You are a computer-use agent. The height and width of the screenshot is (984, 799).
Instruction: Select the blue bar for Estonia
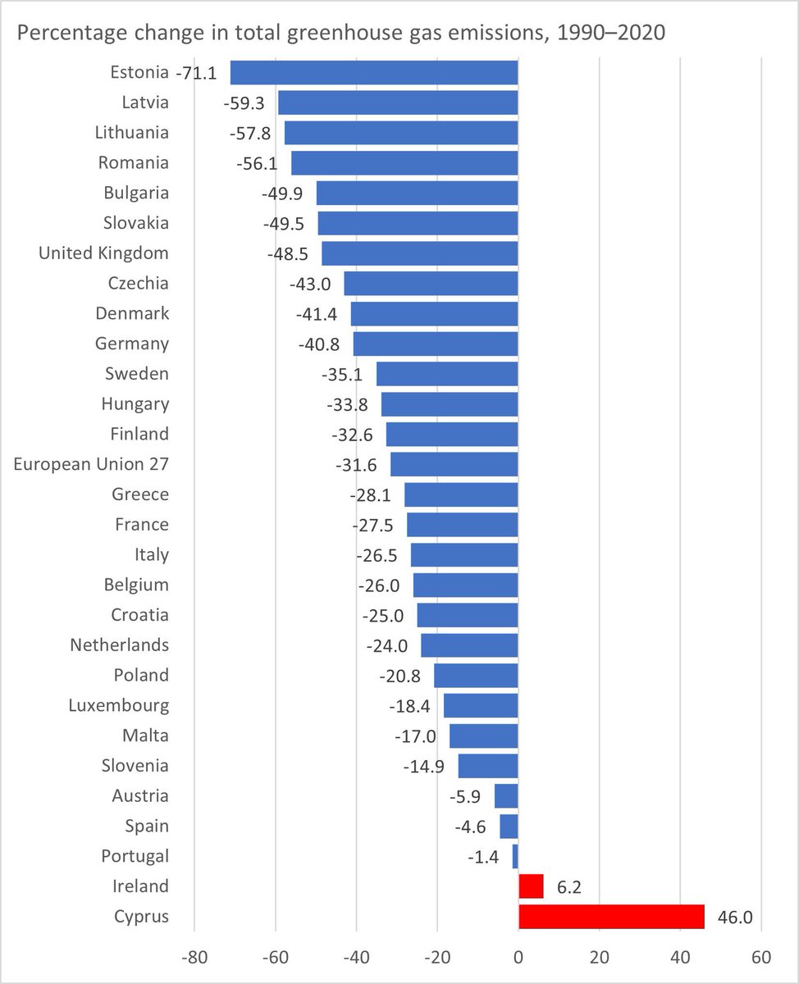tap(374, 73)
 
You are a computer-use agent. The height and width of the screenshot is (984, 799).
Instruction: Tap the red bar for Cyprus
tap(611, 917)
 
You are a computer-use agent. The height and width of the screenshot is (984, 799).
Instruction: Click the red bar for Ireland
tap(531, 886)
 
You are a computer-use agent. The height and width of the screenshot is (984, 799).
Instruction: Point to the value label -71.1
tap(196, 73)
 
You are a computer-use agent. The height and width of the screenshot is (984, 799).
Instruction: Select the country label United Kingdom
tap(103, 253)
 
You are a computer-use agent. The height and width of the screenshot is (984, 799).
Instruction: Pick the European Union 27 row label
tap(91, 464)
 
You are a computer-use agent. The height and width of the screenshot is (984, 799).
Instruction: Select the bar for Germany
tap(436, 344)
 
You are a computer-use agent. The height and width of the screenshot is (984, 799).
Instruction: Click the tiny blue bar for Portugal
tap(515, 856)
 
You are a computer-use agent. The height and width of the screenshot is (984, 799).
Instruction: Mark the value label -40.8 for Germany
tap(319, 344)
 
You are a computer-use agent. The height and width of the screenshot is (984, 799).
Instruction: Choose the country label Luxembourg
tap(119, 705)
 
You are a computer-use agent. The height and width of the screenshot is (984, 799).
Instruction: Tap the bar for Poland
tap(476, 676)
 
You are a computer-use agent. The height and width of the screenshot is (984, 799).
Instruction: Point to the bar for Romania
tap(404, 163)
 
